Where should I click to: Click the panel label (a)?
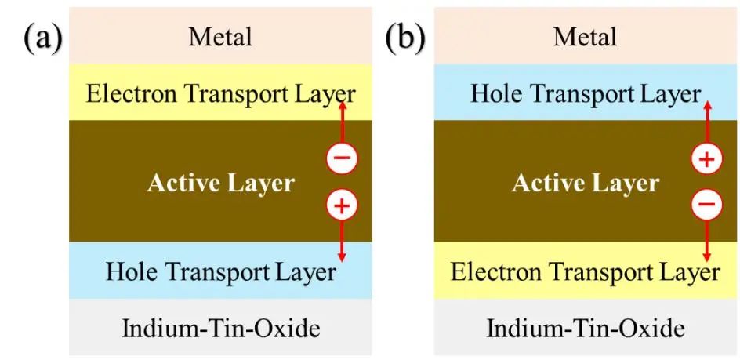pyautogui.click(x=43, y=38)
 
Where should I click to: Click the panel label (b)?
pyautogui.click(x=404, y=38)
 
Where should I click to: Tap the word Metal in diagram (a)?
pyautogui.click(x=220, y=36)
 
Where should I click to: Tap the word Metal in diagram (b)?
pyautogui.click(x=585, y=36)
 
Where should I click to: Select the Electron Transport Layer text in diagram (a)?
pyautogui.click(x=220, y=94)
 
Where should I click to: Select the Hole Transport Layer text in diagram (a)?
pyautogui.click(x=220, y=271)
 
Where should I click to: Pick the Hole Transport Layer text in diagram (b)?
pyautogui.click(x=585, y=94)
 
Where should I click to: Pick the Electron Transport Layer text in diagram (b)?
pyautogui.click(x=585, y=271)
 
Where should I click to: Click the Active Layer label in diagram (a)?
pyautogui.click(x=220, y=184)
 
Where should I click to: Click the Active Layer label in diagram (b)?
pyautogui.click(x=585, y=184)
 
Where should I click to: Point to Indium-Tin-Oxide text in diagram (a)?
pyautogui.click(x=220, y=328)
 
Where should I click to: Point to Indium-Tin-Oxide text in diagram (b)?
pyautogui.click(x=585, y=328)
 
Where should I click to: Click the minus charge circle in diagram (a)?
pyautogui.click(x=342, y=159)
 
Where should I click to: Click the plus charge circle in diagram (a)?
pyautogui.click(x=342, y=206)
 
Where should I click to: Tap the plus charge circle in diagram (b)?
pyautogui.click(x=706, y=159)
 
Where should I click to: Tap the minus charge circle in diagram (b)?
pyautogui.click(x=706, y=206)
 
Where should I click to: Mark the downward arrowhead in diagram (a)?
pyautogui.click(x=342, y=257)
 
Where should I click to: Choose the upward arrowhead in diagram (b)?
pyautogui.click(x=706, y=104)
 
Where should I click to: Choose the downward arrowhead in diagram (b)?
pyautogui.click(x=706, y=257)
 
